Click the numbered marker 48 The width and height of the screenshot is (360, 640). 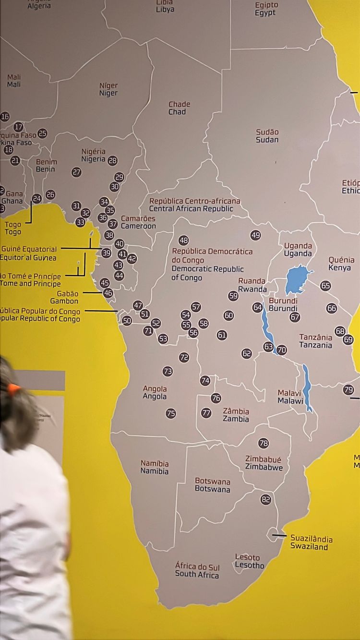[183, 240]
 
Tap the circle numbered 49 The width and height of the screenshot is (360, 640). [255, 235]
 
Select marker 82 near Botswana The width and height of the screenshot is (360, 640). [266, 499]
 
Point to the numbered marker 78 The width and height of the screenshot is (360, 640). [264, 443]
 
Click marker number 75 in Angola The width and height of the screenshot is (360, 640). [171, 413]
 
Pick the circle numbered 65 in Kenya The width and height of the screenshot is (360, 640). [325, 286]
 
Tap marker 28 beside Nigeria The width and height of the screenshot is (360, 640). [112, 161]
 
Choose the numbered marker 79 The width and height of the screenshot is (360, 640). [348, 390]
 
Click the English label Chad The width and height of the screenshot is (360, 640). [177, 112]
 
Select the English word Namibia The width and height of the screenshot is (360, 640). [155, 471]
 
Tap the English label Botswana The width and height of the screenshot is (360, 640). [212, 489]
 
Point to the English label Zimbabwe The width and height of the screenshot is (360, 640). [264, 467]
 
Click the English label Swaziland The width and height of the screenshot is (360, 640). [309, 546]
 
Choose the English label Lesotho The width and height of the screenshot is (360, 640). [250, 565]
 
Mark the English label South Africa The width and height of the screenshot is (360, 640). [197, 574]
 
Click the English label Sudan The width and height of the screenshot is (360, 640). [267, 140]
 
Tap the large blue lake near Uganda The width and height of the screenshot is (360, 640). [298, 279]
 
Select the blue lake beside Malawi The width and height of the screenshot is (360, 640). [307, 386]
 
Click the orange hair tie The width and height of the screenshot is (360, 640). [13, 388]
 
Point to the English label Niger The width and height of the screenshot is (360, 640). [108, 93]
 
